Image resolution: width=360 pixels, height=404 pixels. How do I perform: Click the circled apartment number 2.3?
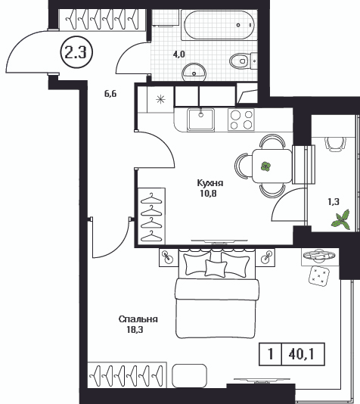[x=76, y=52]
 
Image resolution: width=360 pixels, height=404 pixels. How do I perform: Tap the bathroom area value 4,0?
[x=179, y=54]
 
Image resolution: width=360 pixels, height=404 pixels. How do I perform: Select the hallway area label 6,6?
[x=110, y=94]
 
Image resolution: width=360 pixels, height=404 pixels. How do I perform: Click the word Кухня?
[x=209, y=183]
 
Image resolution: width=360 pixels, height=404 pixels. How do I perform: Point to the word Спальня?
[x=138, y=319]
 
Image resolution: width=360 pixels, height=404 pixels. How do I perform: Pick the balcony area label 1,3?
[x=334, y=202]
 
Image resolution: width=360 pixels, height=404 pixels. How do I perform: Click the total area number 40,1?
[x=302, y=354]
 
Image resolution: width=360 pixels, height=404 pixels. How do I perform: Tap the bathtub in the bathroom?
[x=219, y=25]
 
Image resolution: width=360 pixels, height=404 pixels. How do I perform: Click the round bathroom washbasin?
[x=194, y=72]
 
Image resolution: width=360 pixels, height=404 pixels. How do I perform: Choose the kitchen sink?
[x=201, y=120]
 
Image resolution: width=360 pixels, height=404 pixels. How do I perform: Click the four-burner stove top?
[x=241, y=120]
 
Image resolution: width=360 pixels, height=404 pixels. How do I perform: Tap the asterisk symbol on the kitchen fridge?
[x=160, y=99]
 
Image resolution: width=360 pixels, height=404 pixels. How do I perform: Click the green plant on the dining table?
[x=265, y=166]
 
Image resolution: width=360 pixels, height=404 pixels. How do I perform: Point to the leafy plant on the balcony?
[x=341, y=219]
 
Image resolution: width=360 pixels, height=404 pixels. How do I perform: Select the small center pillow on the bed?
[x=216, y=269]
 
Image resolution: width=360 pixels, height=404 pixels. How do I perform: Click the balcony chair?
[x=335, y=144]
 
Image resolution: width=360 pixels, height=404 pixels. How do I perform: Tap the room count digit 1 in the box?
[x=271, y=354]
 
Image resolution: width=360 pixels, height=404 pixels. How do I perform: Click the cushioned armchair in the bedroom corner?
[x=319, y=275]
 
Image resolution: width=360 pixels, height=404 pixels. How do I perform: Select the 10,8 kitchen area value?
[x=208, y=193]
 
